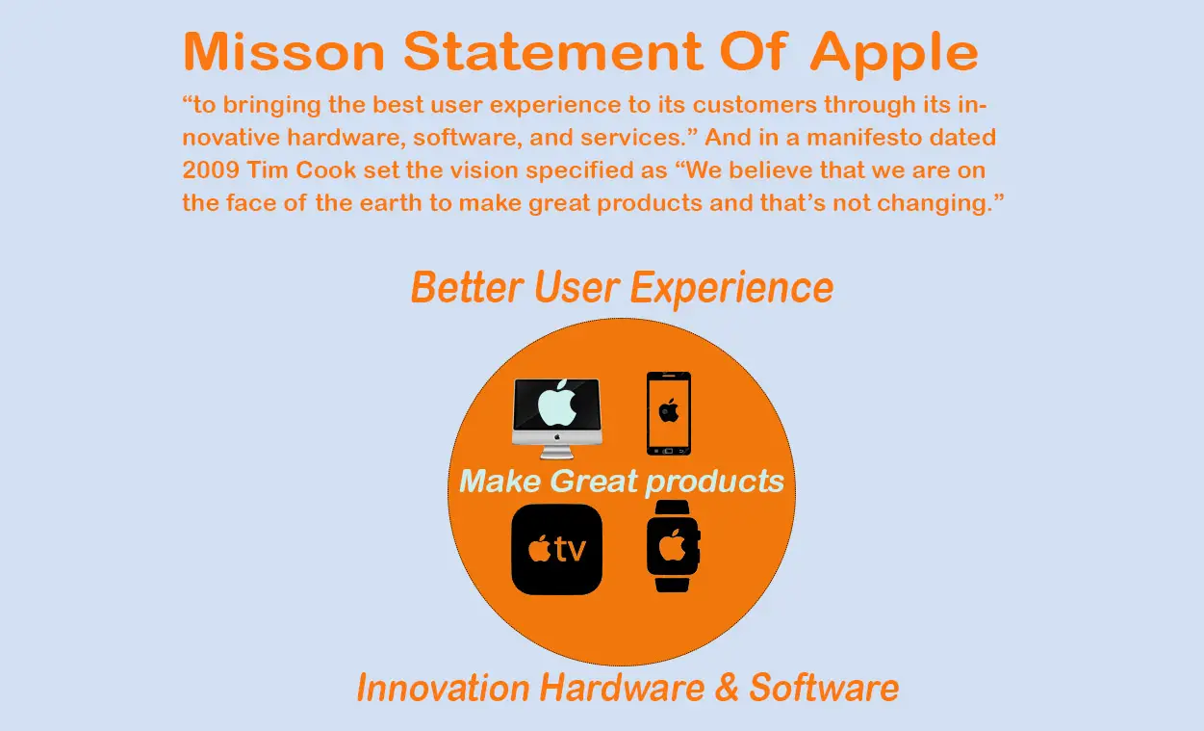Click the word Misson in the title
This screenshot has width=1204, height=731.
coord(284,52)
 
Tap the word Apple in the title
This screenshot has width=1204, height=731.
coord(894,55)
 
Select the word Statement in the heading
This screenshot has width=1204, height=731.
coord(553,52)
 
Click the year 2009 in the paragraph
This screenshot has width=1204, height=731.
coord(211,170)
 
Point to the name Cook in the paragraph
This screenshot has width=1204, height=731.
coord(325,170)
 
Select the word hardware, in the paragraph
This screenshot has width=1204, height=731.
coord(346,139)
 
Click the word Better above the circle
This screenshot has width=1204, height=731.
coord(467,287)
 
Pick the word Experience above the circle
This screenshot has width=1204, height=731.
coord(731,289)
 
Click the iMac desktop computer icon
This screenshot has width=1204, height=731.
coord(557,419)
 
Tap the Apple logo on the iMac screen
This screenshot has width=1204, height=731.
coord(557,404)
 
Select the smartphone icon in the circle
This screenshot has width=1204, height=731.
coord(669,413)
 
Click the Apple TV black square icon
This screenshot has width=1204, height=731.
coord(557,549)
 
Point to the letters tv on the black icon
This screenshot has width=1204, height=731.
coord(571,550)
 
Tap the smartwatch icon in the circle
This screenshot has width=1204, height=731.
coord(673,546)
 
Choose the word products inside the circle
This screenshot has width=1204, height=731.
coord(714,482)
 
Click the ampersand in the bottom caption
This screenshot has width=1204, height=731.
coord(727,688)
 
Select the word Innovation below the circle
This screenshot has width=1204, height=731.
coord(444,688)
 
